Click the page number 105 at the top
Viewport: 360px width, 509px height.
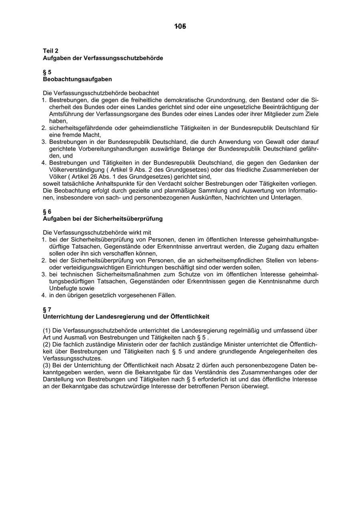pos(180,27)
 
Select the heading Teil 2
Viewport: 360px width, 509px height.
pos(51,51)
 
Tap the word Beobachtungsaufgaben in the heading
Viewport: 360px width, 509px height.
pos(77,79)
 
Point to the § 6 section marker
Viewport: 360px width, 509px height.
pos(47,212)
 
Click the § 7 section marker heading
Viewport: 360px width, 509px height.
pos(47,309)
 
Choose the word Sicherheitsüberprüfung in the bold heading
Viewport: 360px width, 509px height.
pos(128,219)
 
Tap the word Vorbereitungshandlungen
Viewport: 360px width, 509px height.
pos(117,149)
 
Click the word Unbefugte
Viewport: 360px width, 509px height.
pos(63,288)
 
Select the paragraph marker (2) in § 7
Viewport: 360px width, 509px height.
pos(47,345)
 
